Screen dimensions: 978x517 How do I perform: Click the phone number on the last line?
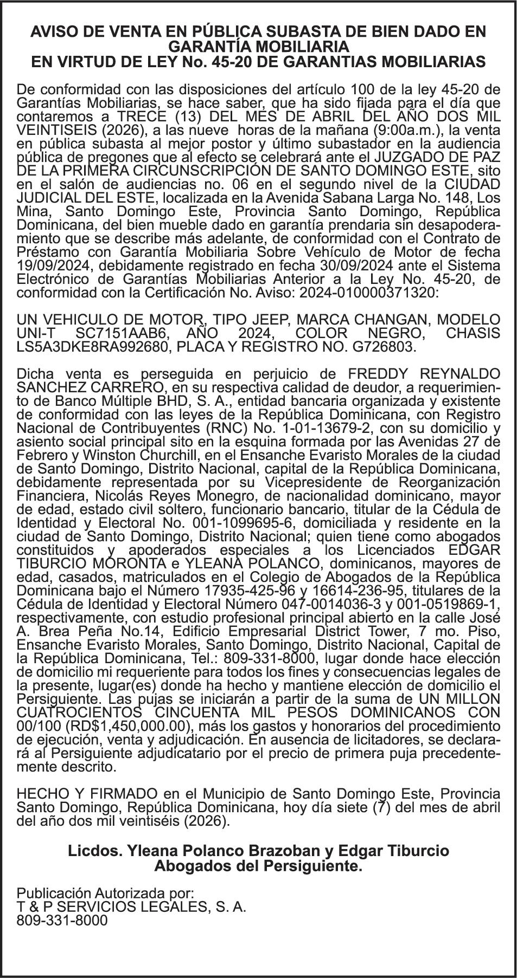pyautogui.click(x=62, y=920)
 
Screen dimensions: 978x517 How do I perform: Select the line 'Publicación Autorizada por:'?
pyautogui.click(x=105, y=893)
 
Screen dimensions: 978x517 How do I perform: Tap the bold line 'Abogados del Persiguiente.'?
pyautogui.click(x=258, y=866)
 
